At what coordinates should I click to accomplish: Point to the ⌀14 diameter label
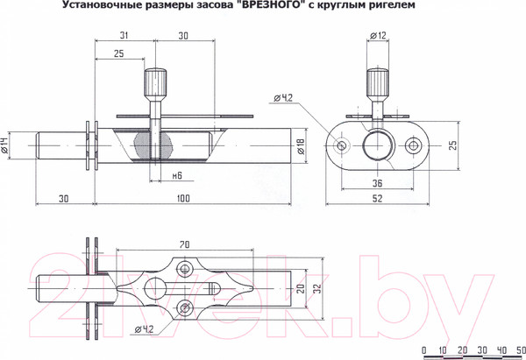6,146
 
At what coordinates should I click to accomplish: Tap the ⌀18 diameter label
301,148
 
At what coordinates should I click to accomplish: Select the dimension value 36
378,183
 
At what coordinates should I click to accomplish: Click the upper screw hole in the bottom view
184,268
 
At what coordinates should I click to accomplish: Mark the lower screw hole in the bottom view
184,307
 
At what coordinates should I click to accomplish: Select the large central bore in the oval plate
379,145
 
